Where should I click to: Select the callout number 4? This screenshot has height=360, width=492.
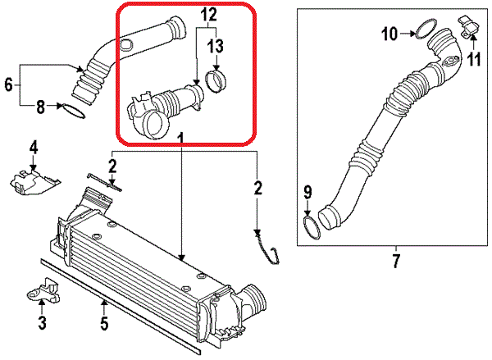34,148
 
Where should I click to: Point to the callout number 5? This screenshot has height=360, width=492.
104,323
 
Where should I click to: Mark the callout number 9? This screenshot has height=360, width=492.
307,193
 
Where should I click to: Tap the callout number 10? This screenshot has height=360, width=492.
389,34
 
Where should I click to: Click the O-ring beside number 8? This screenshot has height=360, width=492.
73,108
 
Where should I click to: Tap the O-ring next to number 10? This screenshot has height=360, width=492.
423,31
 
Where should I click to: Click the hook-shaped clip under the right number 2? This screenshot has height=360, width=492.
264,247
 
